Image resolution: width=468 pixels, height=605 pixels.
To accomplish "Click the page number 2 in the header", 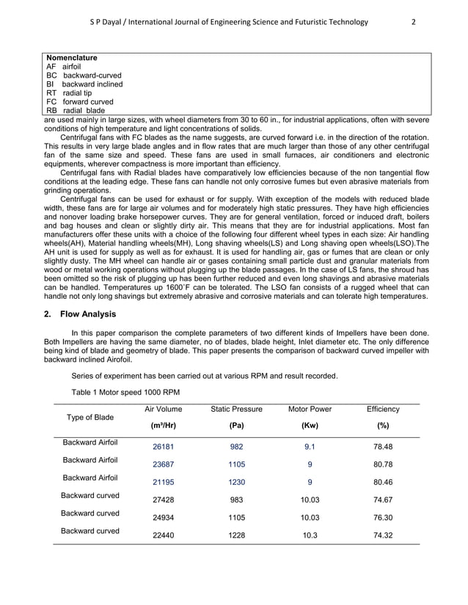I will tap(414, 21).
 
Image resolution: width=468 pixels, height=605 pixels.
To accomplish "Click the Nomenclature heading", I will tap(72, 57).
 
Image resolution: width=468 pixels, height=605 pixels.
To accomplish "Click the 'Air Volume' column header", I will tap(163, 409).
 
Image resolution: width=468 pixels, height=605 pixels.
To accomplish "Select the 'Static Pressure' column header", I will tap(236, 409).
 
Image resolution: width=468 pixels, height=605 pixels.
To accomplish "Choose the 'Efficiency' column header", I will tap(381, 409).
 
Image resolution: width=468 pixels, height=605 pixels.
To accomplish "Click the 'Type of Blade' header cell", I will tap(90, 417).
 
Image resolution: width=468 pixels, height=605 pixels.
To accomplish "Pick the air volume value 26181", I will tap(163, 446).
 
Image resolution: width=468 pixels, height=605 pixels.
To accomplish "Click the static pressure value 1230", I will tap(236, 482).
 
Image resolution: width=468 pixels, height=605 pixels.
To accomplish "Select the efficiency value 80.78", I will tap(381, 464).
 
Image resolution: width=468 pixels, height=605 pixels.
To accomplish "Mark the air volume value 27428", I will tap(163, 500).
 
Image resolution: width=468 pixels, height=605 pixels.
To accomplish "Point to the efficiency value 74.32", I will tap(381, 536).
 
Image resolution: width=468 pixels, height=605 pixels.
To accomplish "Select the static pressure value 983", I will tap(236, 500).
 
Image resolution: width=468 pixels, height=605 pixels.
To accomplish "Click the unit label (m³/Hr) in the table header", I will tap(163, 425).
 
